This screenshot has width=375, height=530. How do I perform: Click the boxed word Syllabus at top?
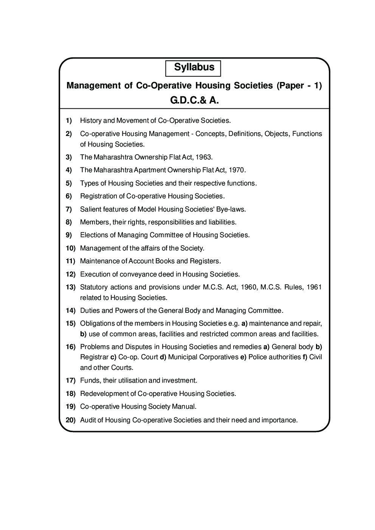pyautogui.click(x=194, y=68)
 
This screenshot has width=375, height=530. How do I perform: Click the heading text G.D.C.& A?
pyautogui.click(x=194, y=101)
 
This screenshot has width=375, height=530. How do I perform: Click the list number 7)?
pyautogui.click(x=69, y=209)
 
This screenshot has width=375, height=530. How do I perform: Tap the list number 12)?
pyautogui.click(x=71, y=274)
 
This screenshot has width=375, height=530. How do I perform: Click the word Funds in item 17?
pyautogui.click(x=88, y=381)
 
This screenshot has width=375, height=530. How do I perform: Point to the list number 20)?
pyautogui.click(x=71, y=420)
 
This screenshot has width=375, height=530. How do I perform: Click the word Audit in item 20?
pyautogui.click(x=87, y=420)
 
